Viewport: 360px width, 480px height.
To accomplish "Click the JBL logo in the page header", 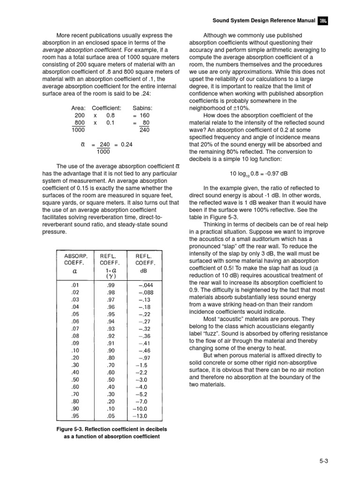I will (x=322, y=21).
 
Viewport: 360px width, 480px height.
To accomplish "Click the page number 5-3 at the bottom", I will (x=323, y=461).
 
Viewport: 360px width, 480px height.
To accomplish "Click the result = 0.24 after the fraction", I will (x=122, y=145).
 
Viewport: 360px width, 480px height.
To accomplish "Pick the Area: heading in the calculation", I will (x=78, y=108).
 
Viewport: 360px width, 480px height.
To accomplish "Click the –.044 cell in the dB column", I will (x=143, y=285).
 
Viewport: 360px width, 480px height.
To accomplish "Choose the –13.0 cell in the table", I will (x=141, y=415).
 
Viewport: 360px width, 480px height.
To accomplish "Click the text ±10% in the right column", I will (x=246, y=108).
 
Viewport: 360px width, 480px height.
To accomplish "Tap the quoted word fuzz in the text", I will (x=214, y=333).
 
